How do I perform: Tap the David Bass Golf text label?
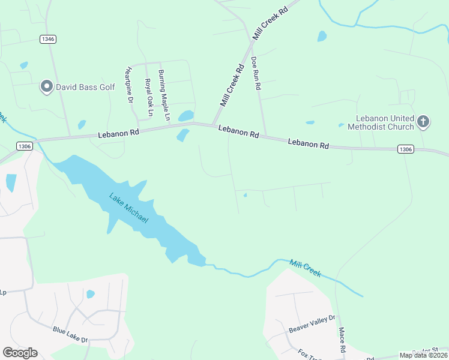(x=85, y=87)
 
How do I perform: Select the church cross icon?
(x=423, y=122)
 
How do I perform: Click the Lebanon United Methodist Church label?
(x=385, y=122)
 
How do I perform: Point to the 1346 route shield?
(x=48, y=39)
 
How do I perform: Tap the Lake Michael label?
(x=128, y=208)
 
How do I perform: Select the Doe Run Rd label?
(x=256, y=73)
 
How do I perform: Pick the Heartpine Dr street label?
(x=128, y=85)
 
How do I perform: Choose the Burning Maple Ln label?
(x=164, y=94)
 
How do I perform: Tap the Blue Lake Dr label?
(x=70, y=335)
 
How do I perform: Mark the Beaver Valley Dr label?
(x=312, y=325)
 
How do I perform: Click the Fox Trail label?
(x=310, y=353)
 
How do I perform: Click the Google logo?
(x=20, y=353)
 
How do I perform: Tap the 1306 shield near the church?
(x=405, y=149)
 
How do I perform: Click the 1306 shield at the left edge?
(x=25, y=146)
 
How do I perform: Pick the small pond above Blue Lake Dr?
(x=90, y=294)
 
